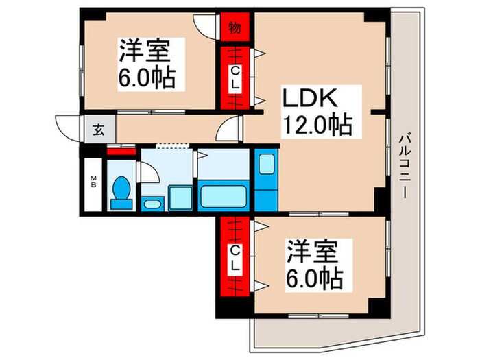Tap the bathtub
click(x=223, y=196)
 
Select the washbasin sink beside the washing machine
click(x=152, y=204)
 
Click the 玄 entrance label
click(x=99, y=130)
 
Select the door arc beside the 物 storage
click(x=205, y=24)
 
